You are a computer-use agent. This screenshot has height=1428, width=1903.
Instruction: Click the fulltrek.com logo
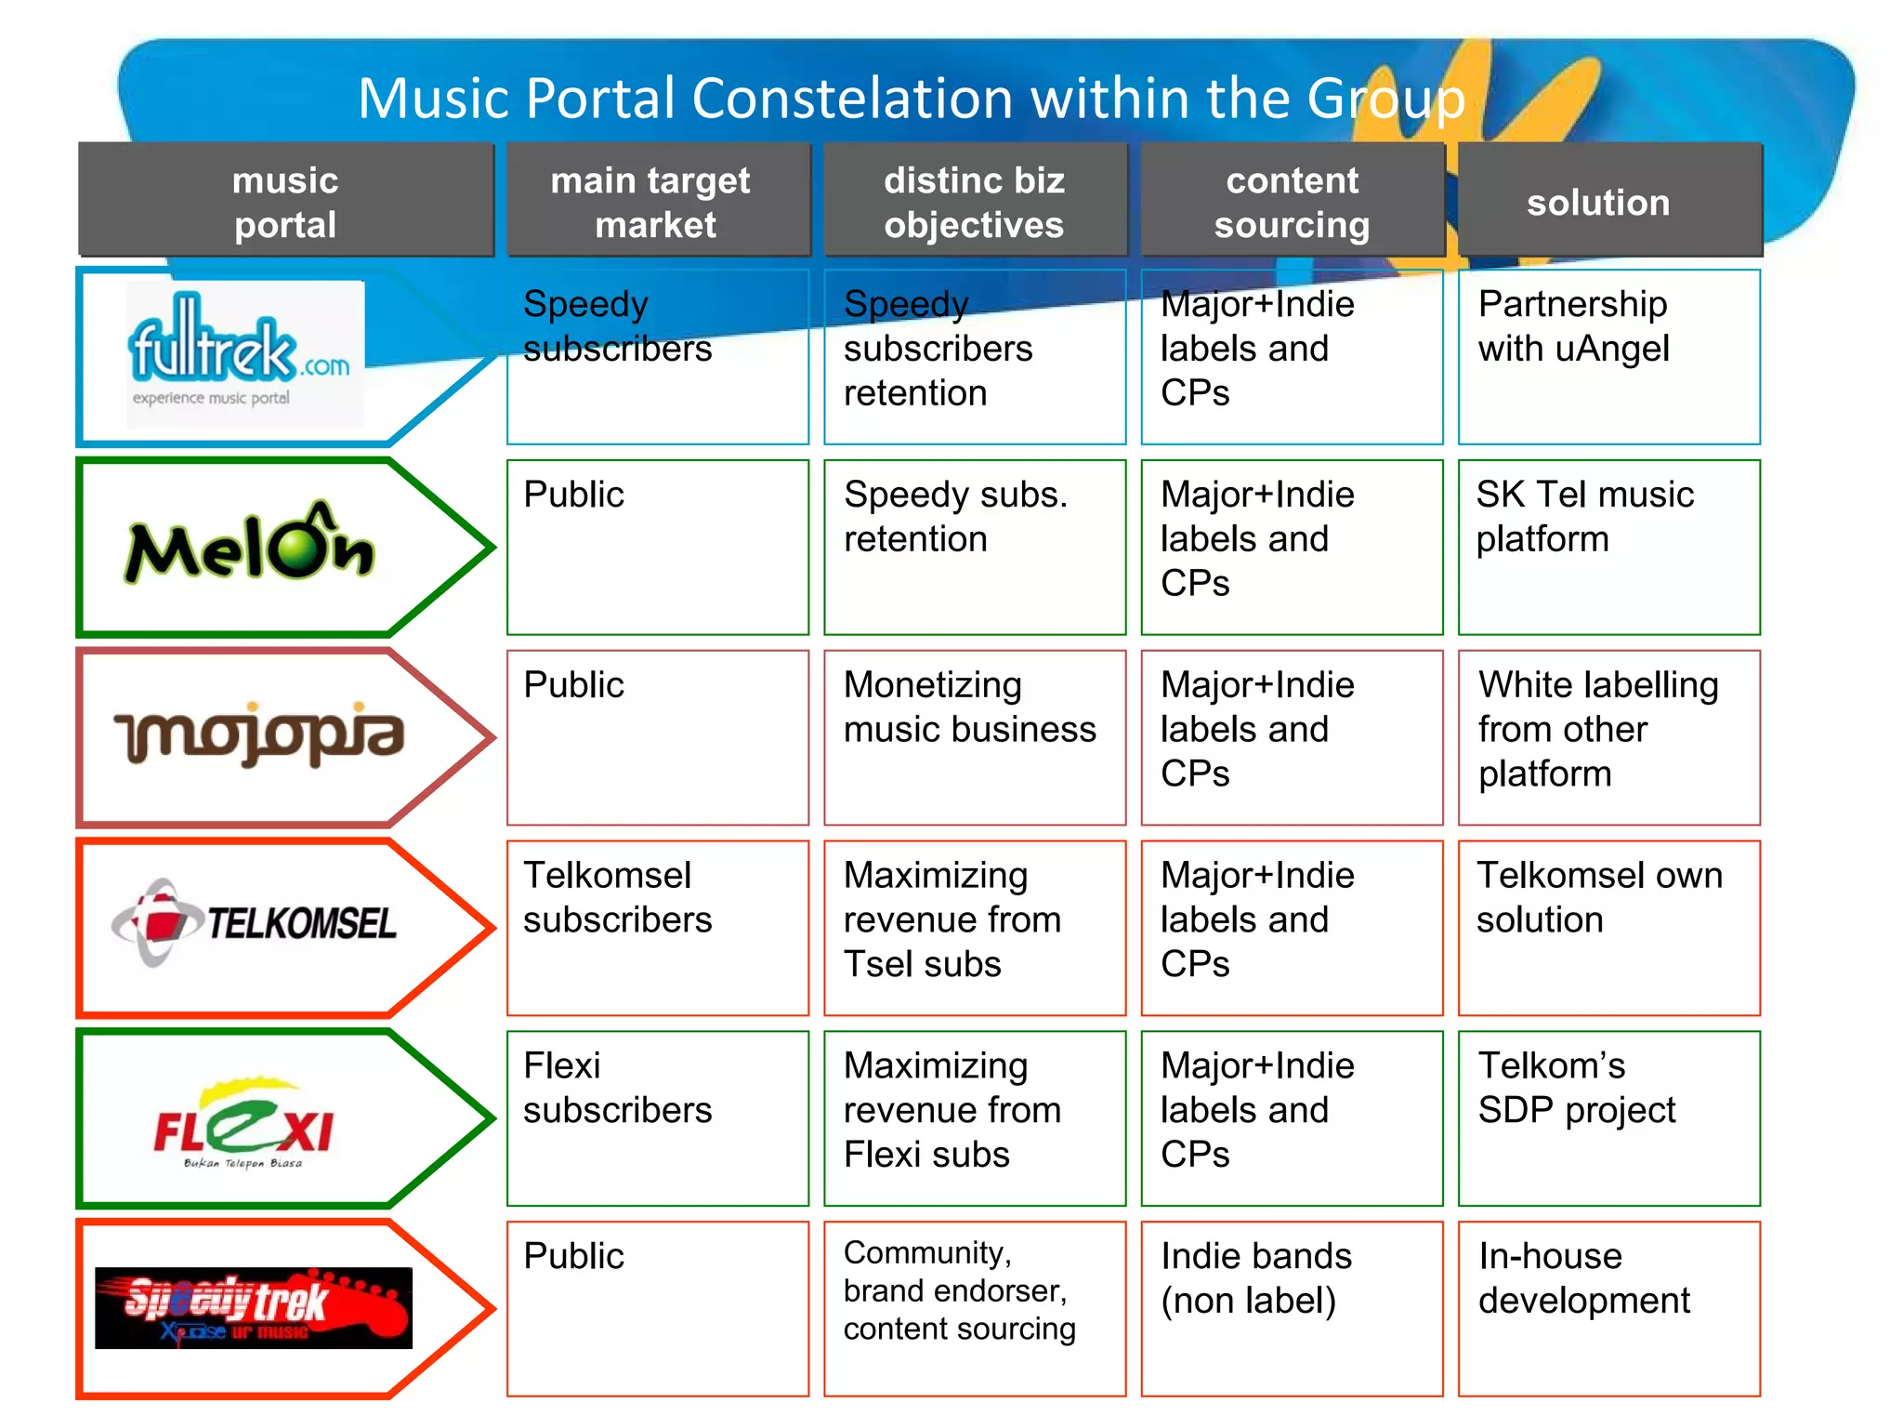pos(243,354)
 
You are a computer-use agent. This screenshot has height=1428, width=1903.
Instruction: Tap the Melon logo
pos(249,544)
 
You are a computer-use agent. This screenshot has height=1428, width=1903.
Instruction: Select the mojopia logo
pos(259,734)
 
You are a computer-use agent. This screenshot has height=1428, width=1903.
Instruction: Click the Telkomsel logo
pos(254,922)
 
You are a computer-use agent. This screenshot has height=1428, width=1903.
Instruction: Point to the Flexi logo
pos(244,1123)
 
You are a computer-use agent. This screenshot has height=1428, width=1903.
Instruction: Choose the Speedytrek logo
pos(253,1307)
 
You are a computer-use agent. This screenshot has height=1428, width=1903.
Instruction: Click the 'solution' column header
pos(1608,201)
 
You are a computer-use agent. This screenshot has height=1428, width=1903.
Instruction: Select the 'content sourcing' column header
pos(1292,201)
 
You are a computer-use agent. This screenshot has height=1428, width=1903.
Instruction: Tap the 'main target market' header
pos(657,201)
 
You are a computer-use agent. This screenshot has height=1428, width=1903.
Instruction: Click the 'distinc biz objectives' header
pos(974,201)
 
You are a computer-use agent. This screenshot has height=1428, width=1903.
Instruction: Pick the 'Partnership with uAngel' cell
pos(1608,357)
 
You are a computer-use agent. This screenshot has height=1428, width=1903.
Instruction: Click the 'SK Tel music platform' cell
pos(1608,547)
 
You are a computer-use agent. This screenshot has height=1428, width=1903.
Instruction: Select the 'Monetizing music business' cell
pos(974,737)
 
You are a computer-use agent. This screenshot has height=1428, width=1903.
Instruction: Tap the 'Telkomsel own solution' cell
pos(1608,928)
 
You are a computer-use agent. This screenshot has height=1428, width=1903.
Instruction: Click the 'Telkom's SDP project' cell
pos(1608,1117)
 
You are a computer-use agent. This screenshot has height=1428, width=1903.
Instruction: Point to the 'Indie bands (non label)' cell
pos(1292,1308)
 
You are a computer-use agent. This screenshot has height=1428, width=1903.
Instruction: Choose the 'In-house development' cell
pos(1608,1308)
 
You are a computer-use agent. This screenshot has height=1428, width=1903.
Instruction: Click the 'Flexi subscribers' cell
pos(657,1117)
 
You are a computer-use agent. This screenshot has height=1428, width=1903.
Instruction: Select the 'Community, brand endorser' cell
pos(974,1308)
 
